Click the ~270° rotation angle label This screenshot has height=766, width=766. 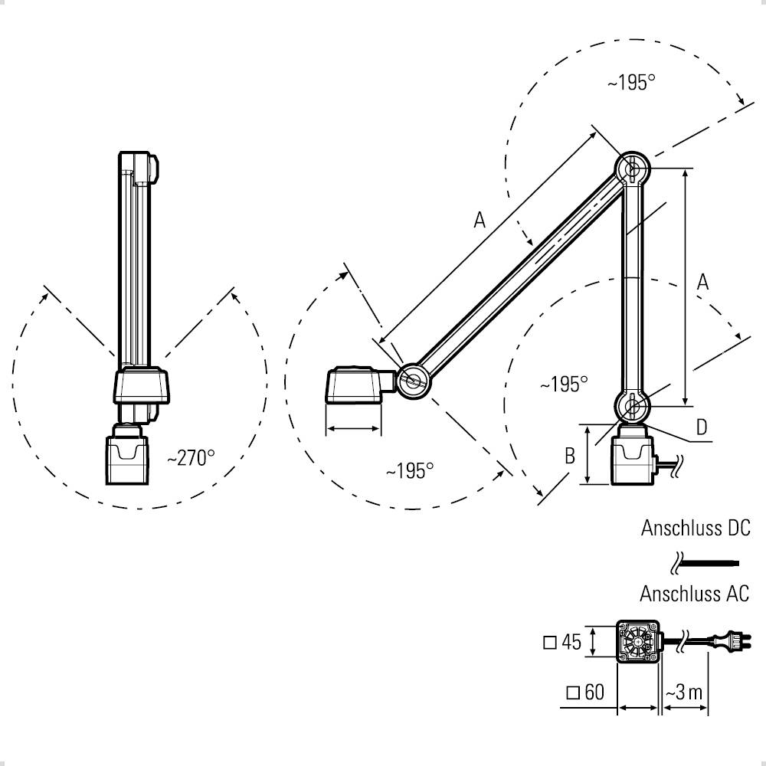point(191,458)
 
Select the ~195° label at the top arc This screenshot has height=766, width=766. point(632,83)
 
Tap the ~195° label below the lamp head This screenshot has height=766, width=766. point(410,470)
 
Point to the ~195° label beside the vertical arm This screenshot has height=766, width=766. point(563,384)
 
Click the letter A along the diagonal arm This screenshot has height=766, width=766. point(480,221)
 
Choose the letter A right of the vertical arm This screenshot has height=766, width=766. point(702,282)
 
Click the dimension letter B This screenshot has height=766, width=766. point(570,457)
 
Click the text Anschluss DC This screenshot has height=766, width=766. point(696,528)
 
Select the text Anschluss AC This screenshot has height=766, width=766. point(695,594)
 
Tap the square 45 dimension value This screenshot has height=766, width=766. point(562,642)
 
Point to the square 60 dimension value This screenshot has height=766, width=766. point(585,692)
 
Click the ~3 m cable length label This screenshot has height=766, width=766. point(683,692)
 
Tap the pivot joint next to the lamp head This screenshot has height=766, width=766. point(414,379)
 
